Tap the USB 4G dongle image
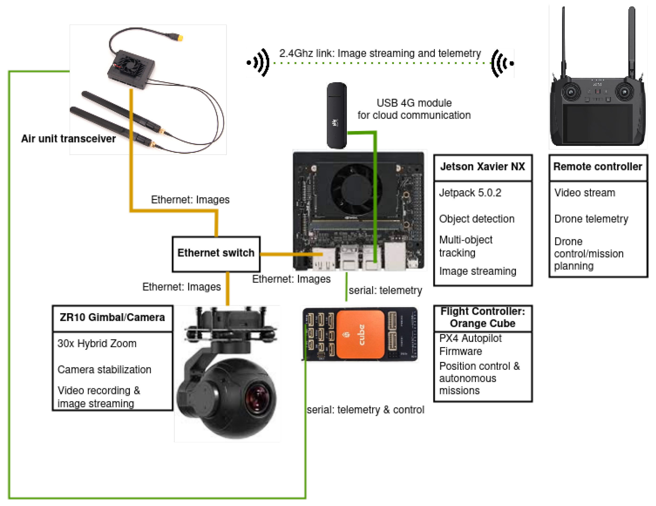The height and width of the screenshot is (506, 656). coord(336,116)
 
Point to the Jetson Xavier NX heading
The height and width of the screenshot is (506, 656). coord(482,167)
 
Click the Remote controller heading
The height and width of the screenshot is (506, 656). coord(597,167)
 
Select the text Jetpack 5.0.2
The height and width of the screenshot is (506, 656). coord(470,193)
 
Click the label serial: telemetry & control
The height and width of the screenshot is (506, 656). coord(365,410)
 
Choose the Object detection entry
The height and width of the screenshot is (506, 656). coord(476,219)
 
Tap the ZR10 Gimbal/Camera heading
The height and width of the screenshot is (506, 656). coord(112,318)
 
